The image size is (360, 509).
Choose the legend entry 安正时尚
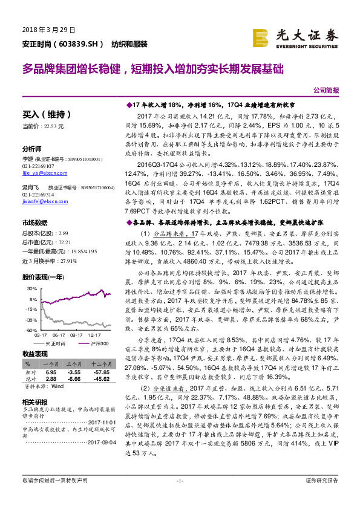pos(54,343)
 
